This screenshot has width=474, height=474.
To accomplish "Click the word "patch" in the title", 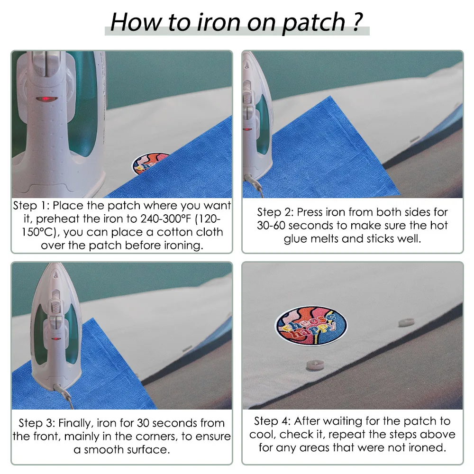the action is tap(313, 23).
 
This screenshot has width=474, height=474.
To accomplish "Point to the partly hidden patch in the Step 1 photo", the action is tap(150, 163).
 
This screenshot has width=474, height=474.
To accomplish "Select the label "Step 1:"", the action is tap(31, 206).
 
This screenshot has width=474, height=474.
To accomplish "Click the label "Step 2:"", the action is tap(275, 212).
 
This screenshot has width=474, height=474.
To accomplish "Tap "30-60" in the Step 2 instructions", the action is tap(271, 226).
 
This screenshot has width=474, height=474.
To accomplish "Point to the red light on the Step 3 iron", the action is tap(55, 339).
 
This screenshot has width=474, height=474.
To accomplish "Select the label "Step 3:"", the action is tap(37, 423).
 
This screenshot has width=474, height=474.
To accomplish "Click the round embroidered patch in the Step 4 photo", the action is tap(311, 325).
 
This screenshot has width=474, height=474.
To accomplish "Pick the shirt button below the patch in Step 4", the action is tap(315, 365).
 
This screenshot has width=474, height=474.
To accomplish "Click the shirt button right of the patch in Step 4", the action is tap(406, 322).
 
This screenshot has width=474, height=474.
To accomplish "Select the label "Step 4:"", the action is tap(272, 421).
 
